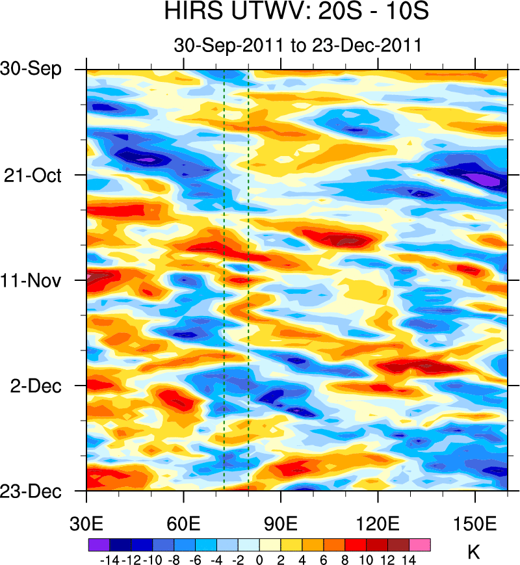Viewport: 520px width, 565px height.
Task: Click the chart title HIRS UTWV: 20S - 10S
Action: [x=297, y=12]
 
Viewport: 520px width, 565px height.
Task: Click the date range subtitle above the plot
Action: [x=297, y=46]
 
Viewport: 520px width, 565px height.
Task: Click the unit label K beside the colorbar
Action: [x=474, y=553]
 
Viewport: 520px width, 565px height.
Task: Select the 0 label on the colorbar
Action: [x=259, y=560]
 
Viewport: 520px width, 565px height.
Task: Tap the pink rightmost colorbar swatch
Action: [x=420, y=545]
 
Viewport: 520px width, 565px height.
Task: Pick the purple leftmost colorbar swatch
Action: [x=98, y=545]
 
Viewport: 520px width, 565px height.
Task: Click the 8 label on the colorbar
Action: [x=345, y=560]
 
